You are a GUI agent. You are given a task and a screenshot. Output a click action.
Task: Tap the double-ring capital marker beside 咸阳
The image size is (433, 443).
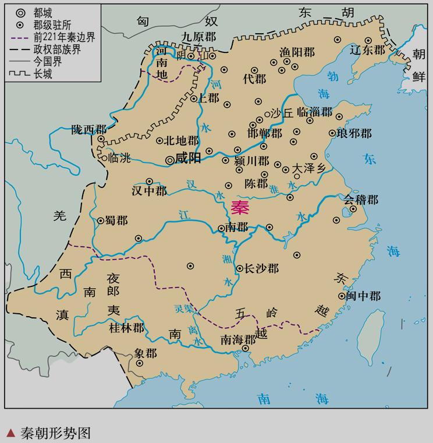[x=169, y=159]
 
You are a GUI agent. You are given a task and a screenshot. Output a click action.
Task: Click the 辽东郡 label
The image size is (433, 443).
[x=368, y=50]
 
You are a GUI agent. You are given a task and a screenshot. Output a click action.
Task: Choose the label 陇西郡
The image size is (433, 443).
[x=89, y=129]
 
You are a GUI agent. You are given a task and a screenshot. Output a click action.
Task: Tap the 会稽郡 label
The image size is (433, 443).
[x=360, y=200]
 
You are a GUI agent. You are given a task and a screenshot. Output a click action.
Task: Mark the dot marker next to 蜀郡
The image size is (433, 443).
[x=101, y=221]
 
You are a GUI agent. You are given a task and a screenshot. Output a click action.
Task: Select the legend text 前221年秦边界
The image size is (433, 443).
[x=64, y=37]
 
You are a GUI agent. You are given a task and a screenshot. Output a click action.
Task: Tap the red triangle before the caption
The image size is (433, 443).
[x=10, y=433]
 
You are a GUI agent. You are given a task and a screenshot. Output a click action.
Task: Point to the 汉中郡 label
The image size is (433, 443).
[x=149, y=191]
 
